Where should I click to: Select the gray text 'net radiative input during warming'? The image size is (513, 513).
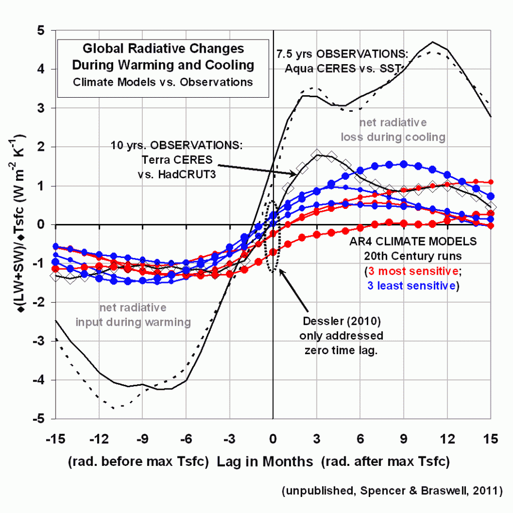133,315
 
